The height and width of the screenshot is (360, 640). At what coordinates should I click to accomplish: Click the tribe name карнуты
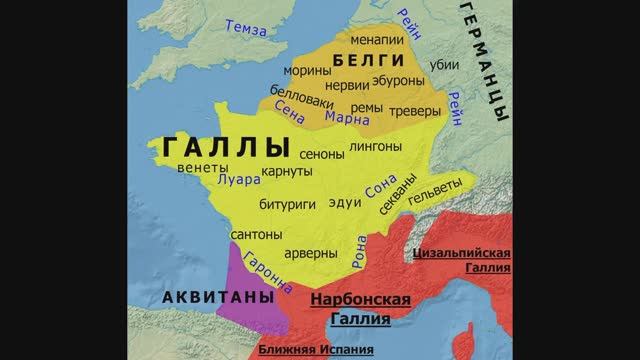pyautogui.click(x=287, y=172)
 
